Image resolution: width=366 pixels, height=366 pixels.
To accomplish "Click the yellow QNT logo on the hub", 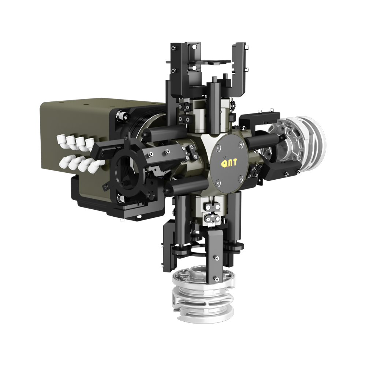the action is pos(229,162).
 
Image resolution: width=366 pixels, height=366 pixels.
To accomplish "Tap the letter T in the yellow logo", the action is pos(234,162).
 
